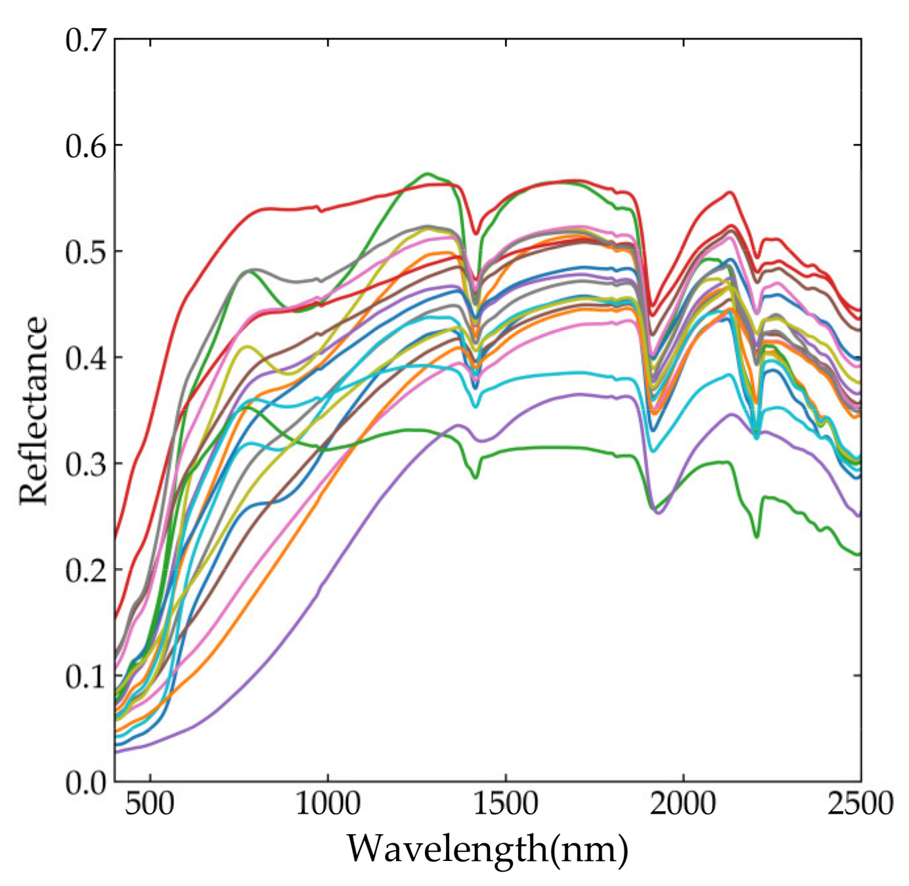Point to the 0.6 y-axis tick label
[x=85, y=146]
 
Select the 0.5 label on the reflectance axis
[x=85, y=252]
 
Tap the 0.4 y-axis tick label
[x=85, y=358]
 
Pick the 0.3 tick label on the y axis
[x=85, y=464]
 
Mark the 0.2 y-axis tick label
[x=85, y=571]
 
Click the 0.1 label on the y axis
[x=85, y=676]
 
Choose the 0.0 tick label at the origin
[x=85, y=782]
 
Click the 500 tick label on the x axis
[x=150, y=804]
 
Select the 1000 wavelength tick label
[x=328, y=804]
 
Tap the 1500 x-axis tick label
[x=506, y=804]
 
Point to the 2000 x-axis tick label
[x=683, y=804]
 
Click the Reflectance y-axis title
[x=34, y=411]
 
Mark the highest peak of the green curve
[x=428, y=174]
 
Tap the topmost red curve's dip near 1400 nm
[x=476, y=233]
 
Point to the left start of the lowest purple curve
[x=116, y=751]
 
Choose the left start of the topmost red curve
[x=116, y=538]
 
